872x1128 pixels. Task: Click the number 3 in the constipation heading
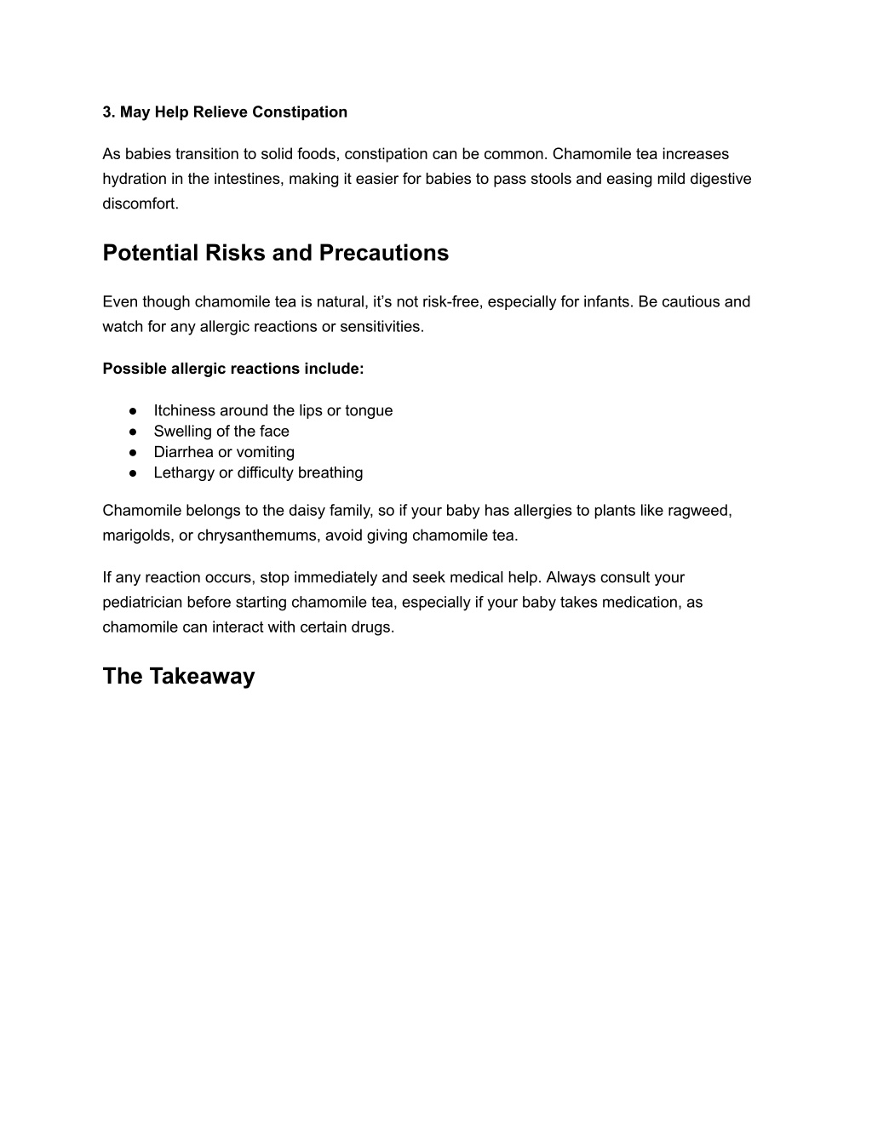pyautogui.click(x=107, y=112)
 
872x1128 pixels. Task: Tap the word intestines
pyautogui.click(x=248, y=179)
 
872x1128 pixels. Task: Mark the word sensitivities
pyautogui.click(x=379, y=326)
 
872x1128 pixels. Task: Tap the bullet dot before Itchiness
pyautogui.click(x=133, y=410)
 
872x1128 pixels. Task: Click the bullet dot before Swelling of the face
pyautogui.click(x=133, y=432)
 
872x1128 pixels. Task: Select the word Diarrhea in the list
pyautogui.click(x=183, y=452)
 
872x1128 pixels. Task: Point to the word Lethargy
pyautogui.click(x=183, y=472)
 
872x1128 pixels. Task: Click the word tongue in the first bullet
pyautogui.click(x=369, y=410)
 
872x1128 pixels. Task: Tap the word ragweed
pyautogui.click(x=701, y=511)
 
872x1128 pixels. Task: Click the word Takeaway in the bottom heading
pyautogui.click(x=202, y=676)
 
